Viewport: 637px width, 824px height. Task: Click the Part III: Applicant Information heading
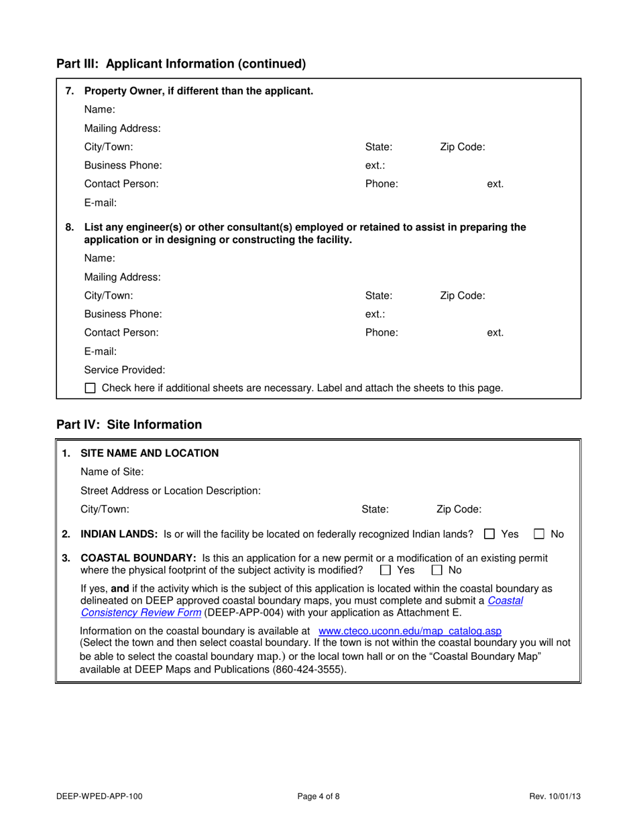(181, 64)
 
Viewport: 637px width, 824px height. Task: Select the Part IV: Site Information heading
(129, 425)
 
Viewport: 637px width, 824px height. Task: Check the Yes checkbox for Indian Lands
(489, 534)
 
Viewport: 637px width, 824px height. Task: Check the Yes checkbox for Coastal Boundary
(385, 570)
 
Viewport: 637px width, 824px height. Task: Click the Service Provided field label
(125, 369)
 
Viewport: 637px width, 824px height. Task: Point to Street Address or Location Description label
(170, 490)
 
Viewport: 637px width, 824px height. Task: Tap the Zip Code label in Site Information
(459, 509)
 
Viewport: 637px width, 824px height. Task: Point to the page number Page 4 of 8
(318, 797)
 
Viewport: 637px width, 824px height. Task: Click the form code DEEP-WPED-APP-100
(99, 797)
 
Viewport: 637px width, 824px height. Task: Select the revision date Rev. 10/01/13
(555, 797)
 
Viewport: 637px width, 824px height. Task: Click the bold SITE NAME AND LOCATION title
(150, 453)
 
